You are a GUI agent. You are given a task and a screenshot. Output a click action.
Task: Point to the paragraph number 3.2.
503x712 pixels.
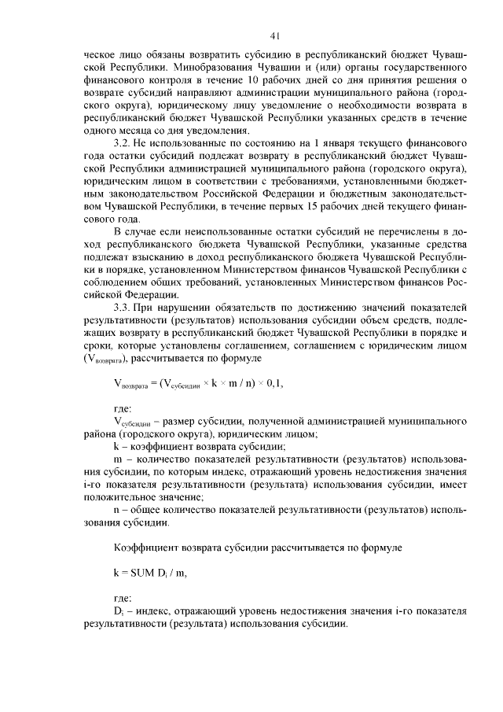pyautogui.click(x=124, y=142)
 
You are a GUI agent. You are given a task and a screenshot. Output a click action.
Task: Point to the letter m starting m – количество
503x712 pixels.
pyautogui.click(x=118, y=459)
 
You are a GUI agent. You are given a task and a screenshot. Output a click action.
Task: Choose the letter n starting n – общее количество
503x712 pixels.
pyautogui.click(x=116, y=510)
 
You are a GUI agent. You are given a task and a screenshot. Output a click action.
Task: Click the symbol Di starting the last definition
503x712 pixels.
pyautogui.click(x=119, y=611)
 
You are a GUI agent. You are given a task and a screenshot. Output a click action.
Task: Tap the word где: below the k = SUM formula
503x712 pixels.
pyautogui.click(x=123, y=597)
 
